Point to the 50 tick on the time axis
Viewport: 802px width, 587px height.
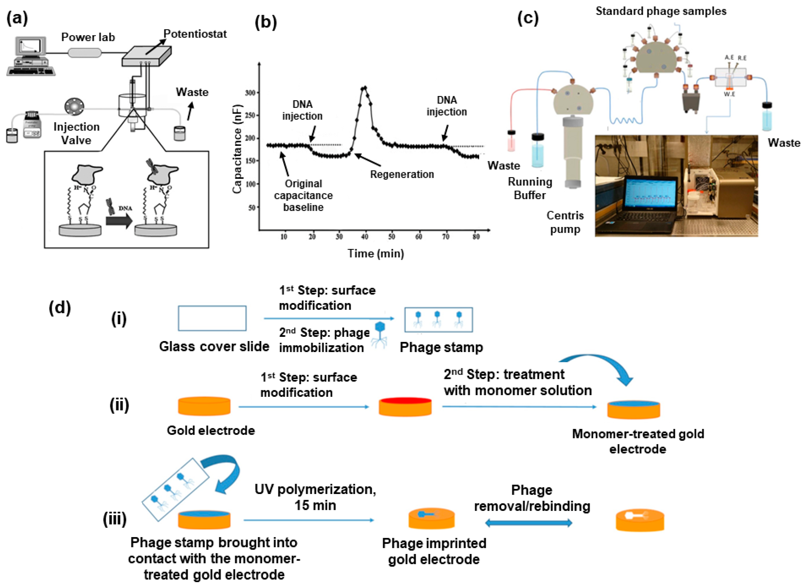click(x=392, y=237)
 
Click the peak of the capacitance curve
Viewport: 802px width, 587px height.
click(x=364, y=87)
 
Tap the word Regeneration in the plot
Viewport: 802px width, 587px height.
click(x=402, y=175)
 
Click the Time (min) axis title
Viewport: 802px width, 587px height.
click(x=375, y=253)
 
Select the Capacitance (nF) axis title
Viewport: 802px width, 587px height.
click(x=237, y=149)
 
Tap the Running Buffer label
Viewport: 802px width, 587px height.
click(x=530, y=188)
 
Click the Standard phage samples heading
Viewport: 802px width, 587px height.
click(x=661, y=11)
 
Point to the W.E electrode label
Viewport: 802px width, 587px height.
click(x=729, y=94)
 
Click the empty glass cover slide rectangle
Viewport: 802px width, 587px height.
click(x=212, y=318)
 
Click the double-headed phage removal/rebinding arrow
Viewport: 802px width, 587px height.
click(x=528, y=523)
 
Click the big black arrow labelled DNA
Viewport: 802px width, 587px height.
click(x=119, y=221)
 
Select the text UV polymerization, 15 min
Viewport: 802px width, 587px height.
click(x=315, y=497)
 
